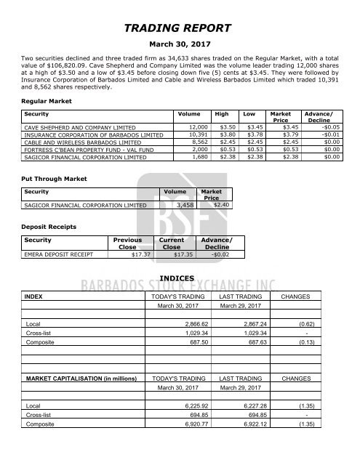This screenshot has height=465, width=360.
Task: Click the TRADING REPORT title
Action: point(180,29)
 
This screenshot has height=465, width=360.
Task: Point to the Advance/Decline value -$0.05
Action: point(327,126)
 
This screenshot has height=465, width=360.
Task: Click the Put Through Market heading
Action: point(55,177)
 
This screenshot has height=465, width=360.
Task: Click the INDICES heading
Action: point(180,286)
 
